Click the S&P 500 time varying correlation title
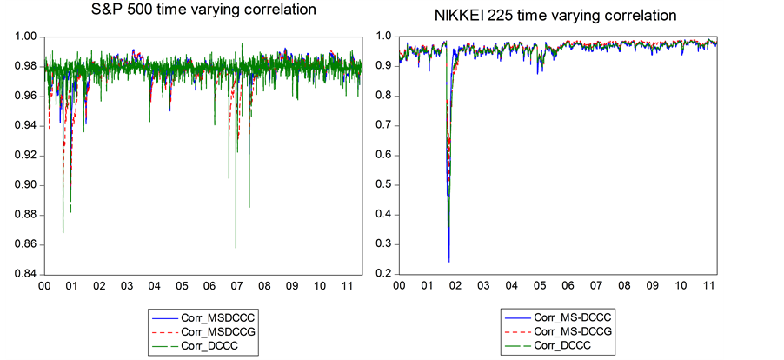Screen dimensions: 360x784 tap(203, 10)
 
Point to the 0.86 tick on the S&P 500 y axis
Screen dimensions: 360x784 tap(25, 244)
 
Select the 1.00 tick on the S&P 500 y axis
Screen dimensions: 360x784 tap(25, 37)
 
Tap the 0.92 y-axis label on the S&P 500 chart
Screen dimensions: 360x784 tap(25, 156)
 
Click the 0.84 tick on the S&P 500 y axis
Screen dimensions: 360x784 tap(25, 274)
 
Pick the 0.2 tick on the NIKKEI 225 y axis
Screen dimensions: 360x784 tap(381, 274)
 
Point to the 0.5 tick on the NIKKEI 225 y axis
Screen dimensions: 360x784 tap(381, 184)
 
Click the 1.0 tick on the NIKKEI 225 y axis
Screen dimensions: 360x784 tap(381, 36)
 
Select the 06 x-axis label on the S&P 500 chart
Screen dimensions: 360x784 tap(209, 286)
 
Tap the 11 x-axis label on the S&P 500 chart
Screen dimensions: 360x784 tap(347, 286)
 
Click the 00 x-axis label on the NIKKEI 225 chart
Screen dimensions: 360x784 tap(399, 285)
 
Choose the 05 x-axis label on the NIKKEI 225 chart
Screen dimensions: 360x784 tap(540, 285)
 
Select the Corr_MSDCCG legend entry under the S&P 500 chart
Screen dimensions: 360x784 tap(214, 331)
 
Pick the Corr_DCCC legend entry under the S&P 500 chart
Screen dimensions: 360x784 tap(208, 345)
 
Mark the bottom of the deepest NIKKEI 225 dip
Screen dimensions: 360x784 tap(448, 261)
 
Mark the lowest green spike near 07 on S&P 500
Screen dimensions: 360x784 tap(236, 247)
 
